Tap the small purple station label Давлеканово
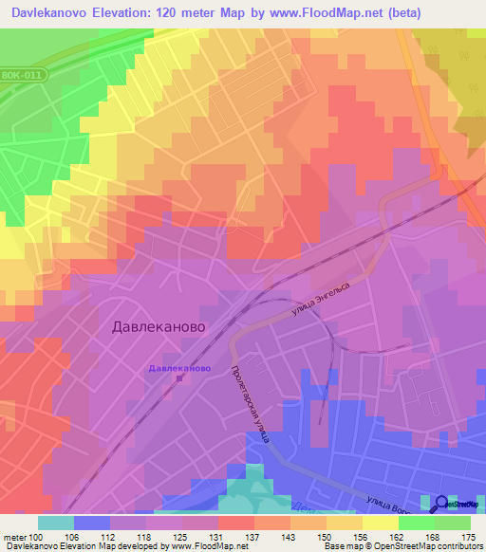179,367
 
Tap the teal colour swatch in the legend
56,523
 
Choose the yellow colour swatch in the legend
381,523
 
